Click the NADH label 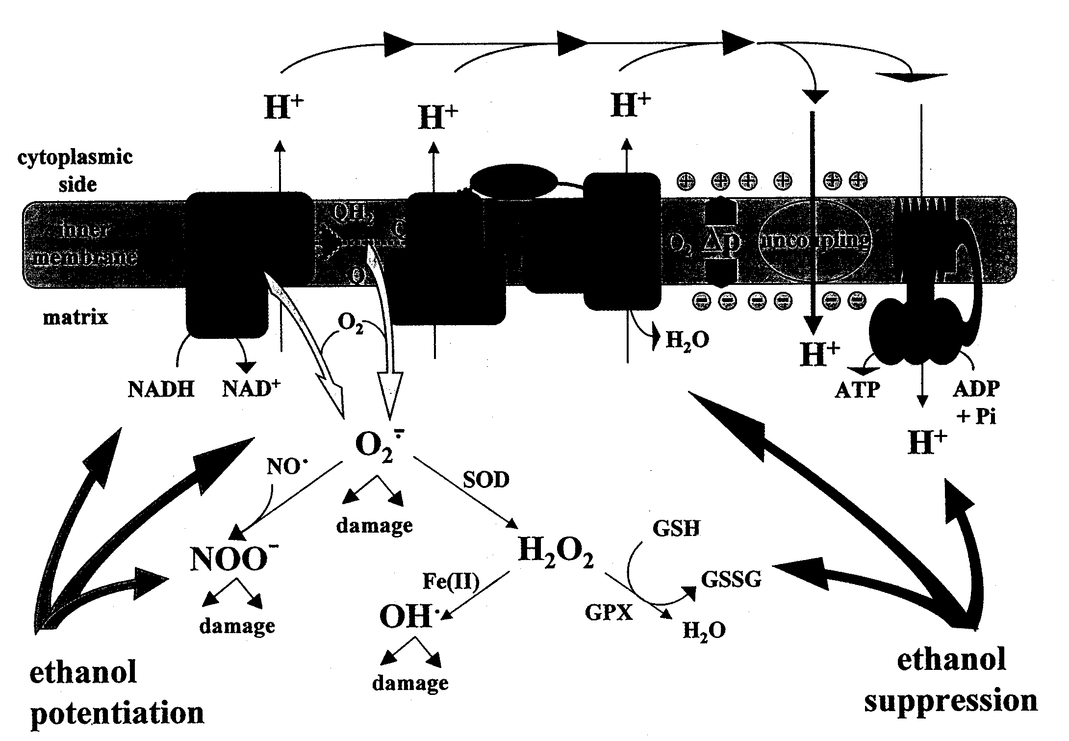pyautogui.click(x=161, y=390)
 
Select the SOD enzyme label pyautogui.click(x=486, y=480)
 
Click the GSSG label pyautogui.click(x=731, y=580)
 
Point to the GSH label pyautogui.click(x=676, y=528)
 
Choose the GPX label pyautogui.click(x=609, y=613)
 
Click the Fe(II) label pyautogui.click(x=451, y=582)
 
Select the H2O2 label pyautogui.click(x=556, y=551)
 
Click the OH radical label pyautogui.click(x=409, y=616)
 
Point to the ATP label pyautogui.click(x=857, y=390)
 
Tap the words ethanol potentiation pyautogui.click(x=117, y=692)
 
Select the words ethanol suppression pyautogui.click(x=951, y=679)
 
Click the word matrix pyautogui.click(x=75, y=318)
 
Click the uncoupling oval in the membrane pyautogui.click(x=815, y=241)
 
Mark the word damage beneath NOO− pyautogui.click(x=237, y=626)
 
